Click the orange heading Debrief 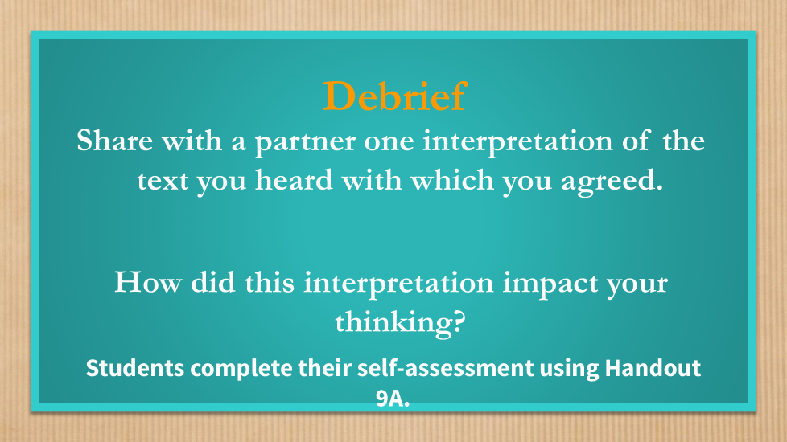click(395, 96)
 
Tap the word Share click(114, 141)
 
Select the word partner click(305, 142)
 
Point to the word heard click(294, 180)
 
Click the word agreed click(612, 182)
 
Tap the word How click(147, 282)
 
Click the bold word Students click(135, 368)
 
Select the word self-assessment click(445, 368)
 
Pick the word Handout click(653, 368)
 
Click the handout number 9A click(393, 399)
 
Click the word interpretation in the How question click(398, 284)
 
